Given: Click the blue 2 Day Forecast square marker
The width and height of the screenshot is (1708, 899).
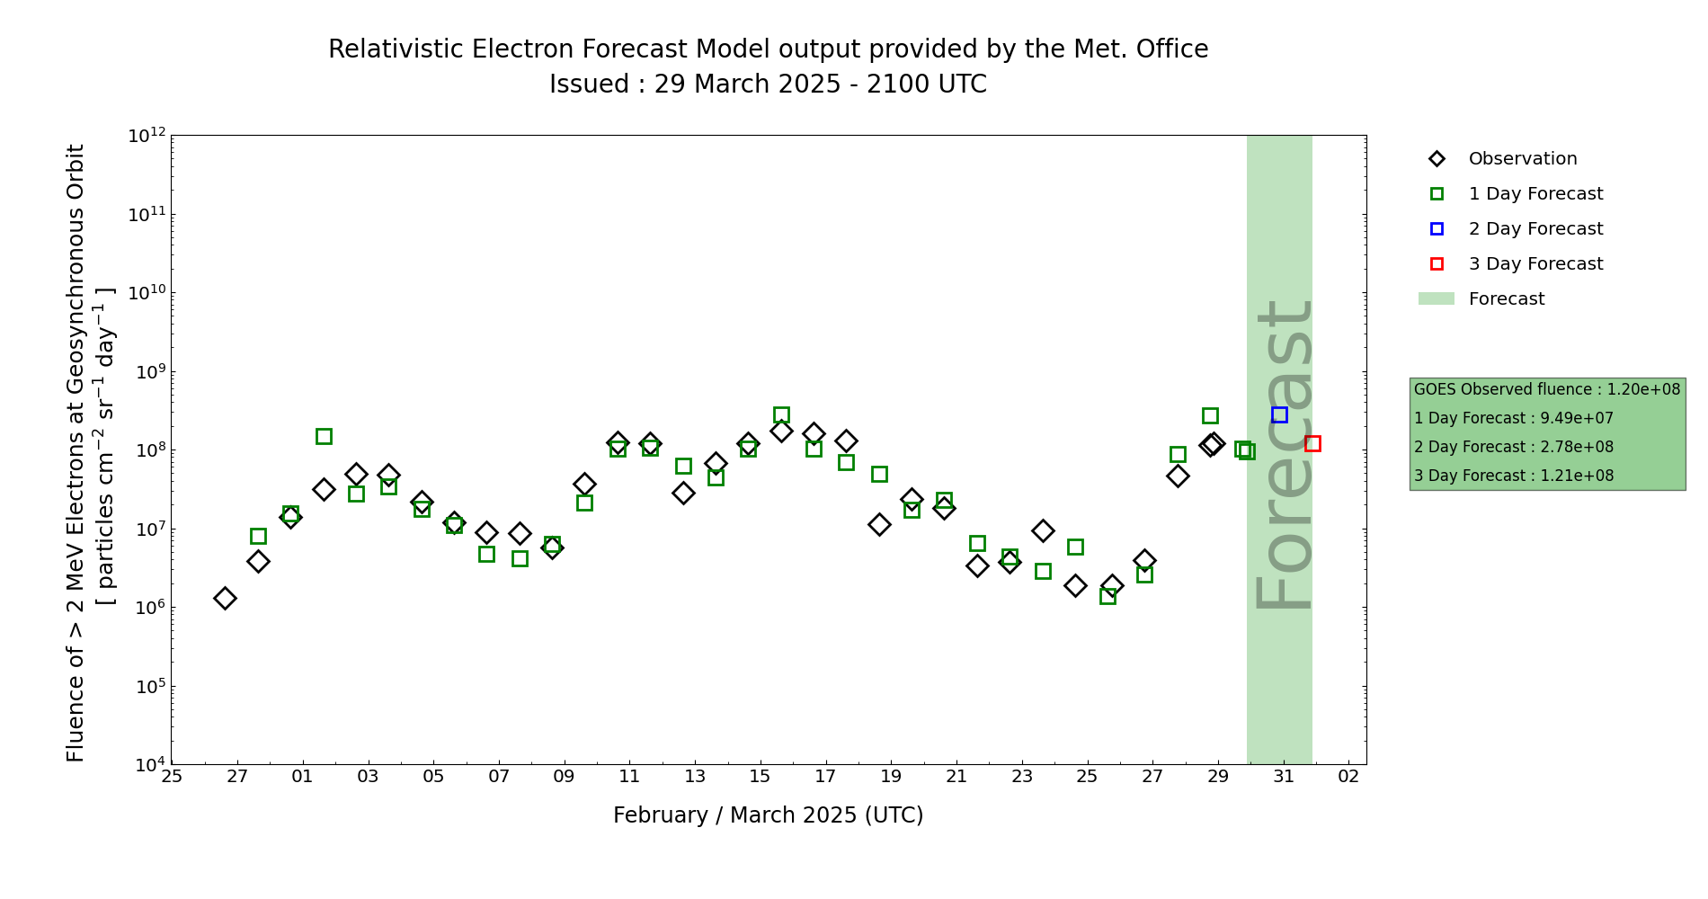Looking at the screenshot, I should click(x=1279, y=414).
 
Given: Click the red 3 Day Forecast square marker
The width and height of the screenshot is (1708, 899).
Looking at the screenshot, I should click(x=1312, y=443).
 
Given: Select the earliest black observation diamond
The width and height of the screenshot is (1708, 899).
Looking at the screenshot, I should click(x=225, y=598).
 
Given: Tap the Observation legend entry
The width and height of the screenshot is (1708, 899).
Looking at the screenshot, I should click(x=1522, y=159).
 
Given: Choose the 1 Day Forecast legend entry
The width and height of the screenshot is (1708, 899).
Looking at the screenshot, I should click(x=1535, y=194).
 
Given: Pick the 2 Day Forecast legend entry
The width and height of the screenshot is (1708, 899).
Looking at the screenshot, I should click(x=1535, y=229).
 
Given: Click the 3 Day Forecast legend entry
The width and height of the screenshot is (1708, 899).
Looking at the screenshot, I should click(x=1535, y=264).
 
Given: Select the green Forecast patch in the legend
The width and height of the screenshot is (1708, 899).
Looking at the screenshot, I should click(x=1436, y=298).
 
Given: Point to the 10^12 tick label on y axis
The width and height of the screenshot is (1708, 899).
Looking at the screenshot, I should click(x=147, y=136).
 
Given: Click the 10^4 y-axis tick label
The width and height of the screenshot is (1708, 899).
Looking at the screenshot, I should click(x=147, y=765).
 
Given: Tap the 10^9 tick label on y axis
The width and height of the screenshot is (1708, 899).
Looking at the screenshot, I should click(x=147, y=372).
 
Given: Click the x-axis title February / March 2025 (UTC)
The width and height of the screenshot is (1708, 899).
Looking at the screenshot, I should click(x=768, y=815).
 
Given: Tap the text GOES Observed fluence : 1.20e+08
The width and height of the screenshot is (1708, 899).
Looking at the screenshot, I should click(x=1546, y=389).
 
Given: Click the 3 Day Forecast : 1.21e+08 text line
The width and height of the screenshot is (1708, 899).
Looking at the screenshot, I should click(x=1513, y=476).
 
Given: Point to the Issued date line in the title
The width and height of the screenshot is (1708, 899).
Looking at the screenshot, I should click(x=768, y=85).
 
